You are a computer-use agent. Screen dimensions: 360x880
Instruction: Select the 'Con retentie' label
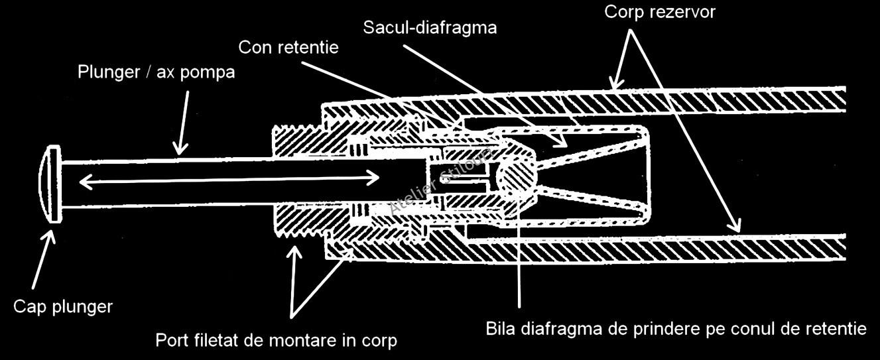pyautogui.click(x=288, y=48)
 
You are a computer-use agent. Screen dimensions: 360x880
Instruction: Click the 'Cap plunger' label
pyautogui.click(x=63, y=307)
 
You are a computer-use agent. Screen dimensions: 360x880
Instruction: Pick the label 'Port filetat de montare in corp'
pyautogui.click(x=276, y=341)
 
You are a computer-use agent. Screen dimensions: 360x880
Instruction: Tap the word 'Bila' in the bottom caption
pyautogui.click(x=499, y=329)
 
